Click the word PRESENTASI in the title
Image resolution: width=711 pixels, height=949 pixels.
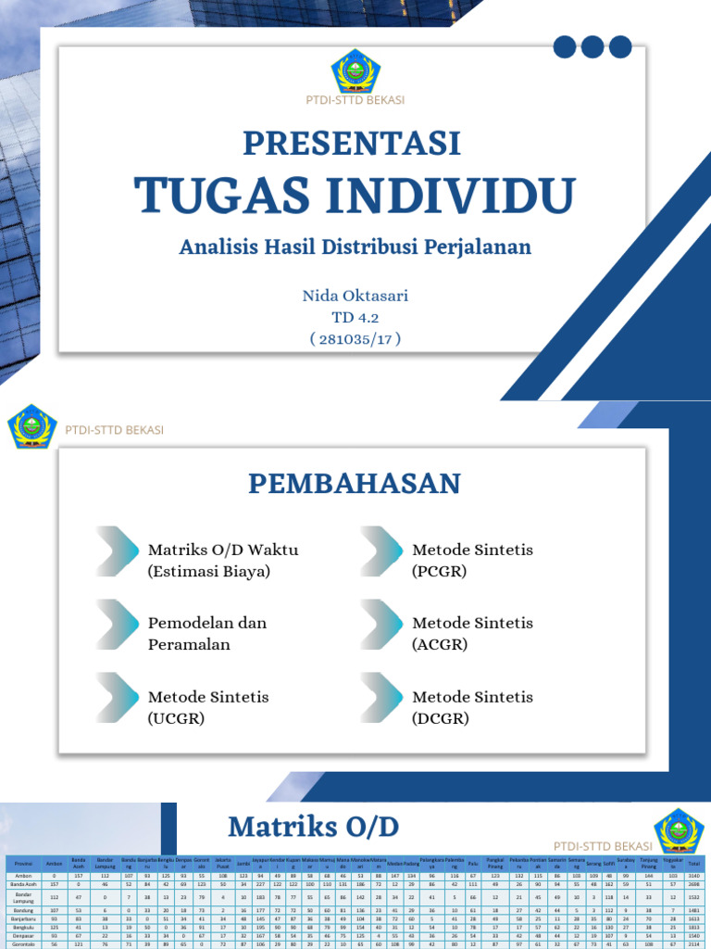point(352,144)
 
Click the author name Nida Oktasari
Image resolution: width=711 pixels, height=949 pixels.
point(355,297)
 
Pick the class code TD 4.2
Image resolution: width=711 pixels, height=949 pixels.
point(355,317)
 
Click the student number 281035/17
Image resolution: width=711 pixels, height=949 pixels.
point(355,338)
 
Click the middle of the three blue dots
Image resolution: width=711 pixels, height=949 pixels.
point(592,46)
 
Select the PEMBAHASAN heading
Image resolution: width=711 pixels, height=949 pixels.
point(355,483)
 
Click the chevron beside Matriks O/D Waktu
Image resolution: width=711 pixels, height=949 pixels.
point(118,550)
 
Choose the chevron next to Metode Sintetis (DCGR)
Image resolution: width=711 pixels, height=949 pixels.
point(382,697)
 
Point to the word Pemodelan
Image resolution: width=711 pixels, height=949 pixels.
point(189,623)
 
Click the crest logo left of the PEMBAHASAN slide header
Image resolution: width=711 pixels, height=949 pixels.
point(32,428)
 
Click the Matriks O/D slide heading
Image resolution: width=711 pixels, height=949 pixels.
point(315,826)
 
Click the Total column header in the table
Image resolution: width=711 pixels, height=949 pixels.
point(693,864)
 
